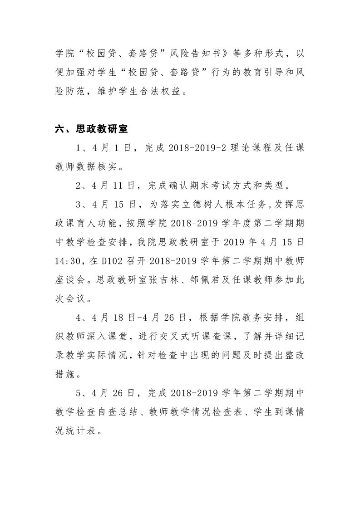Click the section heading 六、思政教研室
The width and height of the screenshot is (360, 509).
click(91, 129)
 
